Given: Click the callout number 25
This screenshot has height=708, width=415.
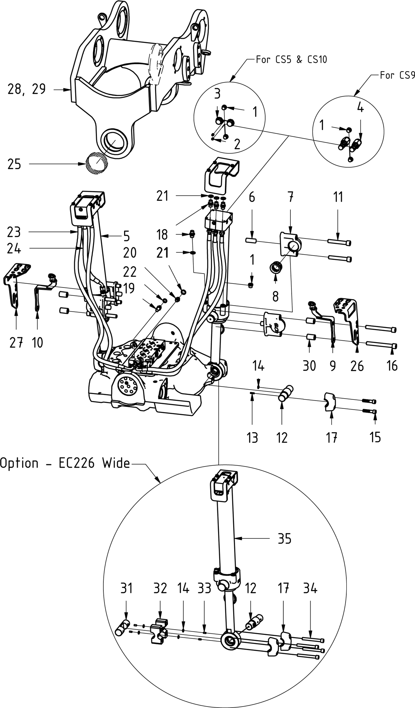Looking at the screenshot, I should tap(14, 165).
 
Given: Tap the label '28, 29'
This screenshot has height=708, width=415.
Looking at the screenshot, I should tap(26, 89).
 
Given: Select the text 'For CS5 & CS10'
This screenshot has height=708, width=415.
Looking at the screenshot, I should tap(291, 59).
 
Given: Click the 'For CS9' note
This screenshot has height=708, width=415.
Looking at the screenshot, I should tap(397, 75).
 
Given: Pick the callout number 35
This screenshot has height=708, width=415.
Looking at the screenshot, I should tap(284, 539).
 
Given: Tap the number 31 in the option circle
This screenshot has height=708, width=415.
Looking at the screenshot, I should tap(126, 588).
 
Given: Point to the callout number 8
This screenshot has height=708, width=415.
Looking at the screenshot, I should tap(275, 296).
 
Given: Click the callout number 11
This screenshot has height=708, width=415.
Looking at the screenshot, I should tap(338, 197).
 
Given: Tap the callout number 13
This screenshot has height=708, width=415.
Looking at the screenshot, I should tap(252, 437).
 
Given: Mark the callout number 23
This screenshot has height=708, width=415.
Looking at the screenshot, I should tap(14, 232).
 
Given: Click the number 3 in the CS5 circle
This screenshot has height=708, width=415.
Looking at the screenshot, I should tap(217, 94).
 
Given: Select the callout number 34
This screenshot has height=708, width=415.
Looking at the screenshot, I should tap(310, 588).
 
